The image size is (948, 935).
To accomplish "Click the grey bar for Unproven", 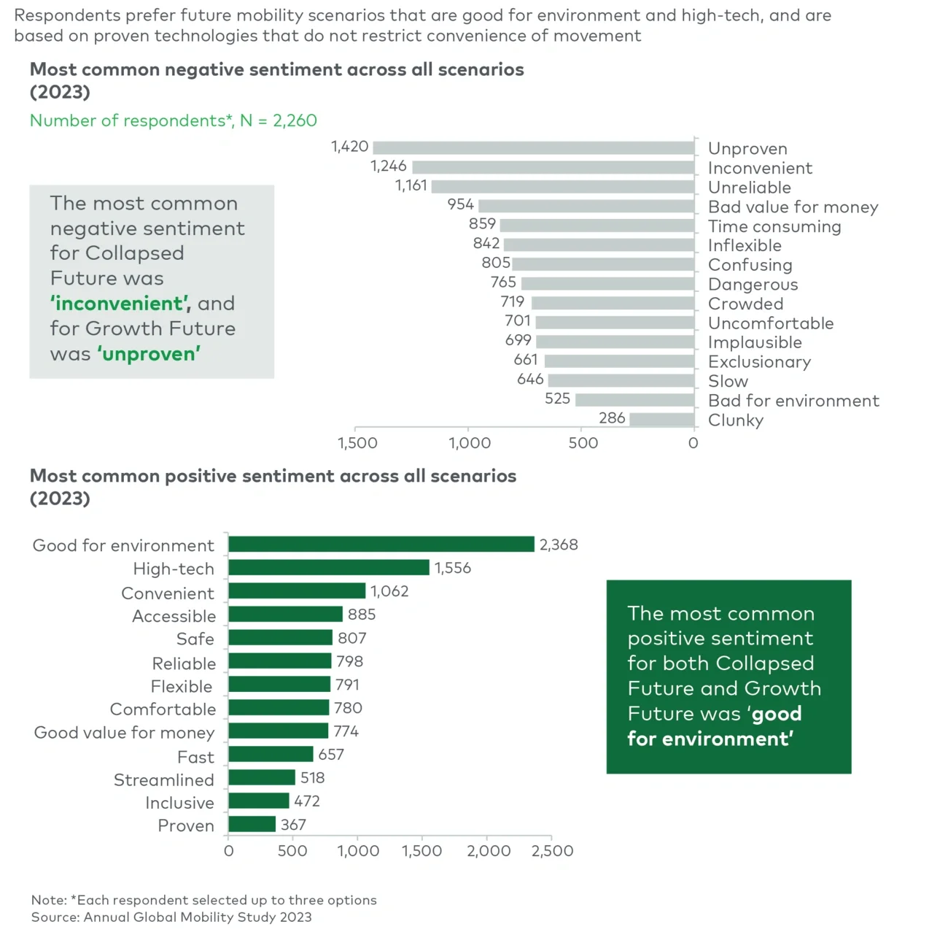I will [533, 147].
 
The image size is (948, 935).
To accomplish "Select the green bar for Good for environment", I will [381, 545].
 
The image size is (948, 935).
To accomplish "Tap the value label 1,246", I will [388, 166].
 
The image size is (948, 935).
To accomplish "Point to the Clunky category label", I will [735, 420].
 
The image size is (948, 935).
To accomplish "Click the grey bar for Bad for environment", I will [634, 400].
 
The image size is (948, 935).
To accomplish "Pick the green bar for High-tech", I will [328, 568].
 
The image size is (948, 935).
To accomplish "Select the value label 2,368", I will [559, 545].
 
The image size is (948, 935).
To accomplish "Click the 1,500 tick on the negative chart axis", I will [357, 443].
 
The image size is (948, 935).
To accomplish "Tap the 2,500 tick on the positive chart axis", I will [552, 851].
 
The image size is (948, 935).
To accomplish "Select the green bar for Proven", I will [252, 825].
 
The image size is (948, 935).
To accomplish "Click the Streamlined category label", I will [163, 780].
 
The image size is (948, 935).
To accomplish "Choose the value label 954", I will [460, 205].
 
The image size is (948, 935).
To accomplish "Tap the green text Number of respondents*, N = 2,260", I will [173, 120].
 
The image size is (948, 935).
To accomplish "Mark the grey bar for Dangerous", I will [607, 284].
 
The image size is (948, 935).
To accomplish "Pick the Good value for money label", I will [124, 733].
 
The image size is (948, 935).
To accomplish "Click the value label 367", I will [293, 825].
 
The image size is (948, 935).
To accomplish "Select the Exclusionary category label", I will [759, 362].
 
